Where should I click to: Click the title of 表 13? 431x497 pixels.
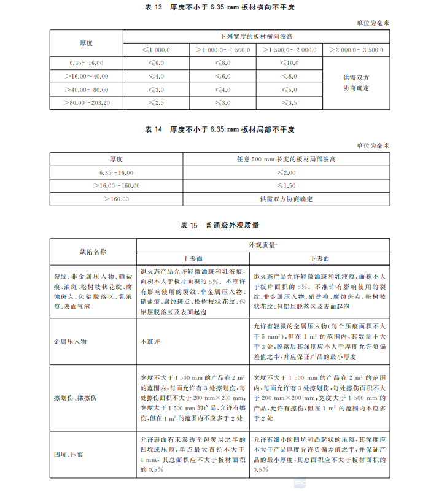[x=215, y=7]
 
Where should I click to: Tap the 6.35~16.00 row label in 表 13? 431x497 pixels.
[x=86, y=63]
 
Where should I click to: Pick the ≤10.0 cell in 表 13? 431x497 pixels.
[x=289, y=63]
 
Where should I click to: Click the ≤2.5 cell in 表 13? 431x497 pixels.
[x=156, y=102]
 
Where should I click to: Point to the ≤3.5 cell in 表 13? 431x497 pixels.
[x=289, y=102]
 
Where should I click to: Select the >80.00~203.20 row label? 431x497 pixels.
[x=86, y=102]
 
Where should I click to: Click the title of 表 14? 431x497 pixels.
[x=215, y=130]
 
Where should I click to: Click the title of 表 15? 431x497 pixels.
[x=215, y=225]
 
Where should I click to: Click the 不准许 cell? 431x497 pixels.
[x=151, y=341]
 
